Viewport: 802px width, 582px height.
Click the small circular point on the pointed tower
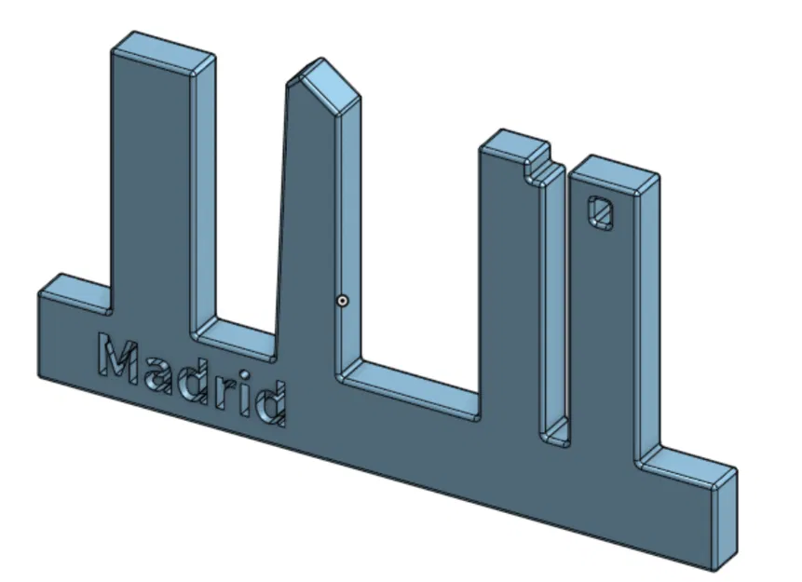(342, 301)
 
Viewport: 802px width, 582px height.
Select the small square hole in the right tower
(602, 213)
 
